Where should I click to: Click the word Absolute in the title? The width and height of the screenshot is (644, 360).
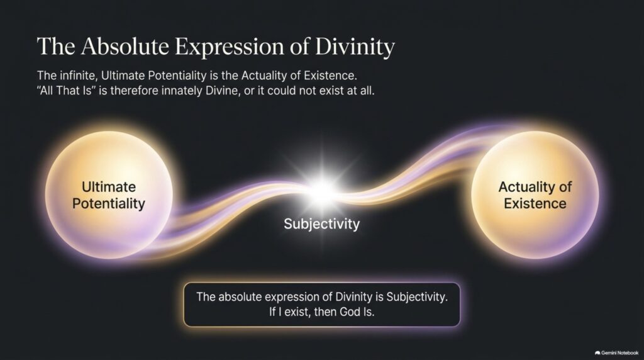(x=125, y=46)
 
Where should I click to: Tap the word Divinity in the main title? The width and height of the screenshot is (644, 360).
(x=355, y=47)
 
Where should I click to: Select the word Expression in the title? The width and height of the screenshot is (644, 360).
(x=230, y=47)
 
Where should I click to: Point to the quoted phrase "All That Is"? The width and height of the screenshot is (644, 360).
(x=66, y=91)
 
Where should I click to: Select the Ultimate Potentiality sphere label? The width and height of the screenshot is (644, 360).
(x=109, y=195)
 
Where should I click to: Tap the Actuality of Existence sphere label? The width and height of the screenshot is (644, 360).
(x=535, y=195)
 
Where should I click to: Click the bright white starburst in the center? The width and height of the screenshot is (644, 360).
(x=323, y=190)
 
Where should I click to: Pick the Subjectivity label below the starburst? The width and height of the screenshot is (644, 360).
(x=321, y=224)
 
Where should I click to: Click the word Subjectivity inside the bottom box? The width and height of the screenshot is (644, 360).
(x=417, y=297)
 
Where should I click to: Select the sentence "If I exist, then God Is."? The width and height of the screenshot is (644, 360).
(x=321, y=312)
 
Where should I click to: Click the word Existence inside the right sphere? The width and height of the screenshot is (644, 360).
(x=535, y=203)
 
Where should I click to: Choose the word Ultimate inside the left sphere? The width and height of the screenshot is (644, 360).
(x=109, y=187)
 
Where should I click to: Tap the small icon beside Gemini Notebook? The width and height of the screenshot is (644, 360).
(x=597, y=353)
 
